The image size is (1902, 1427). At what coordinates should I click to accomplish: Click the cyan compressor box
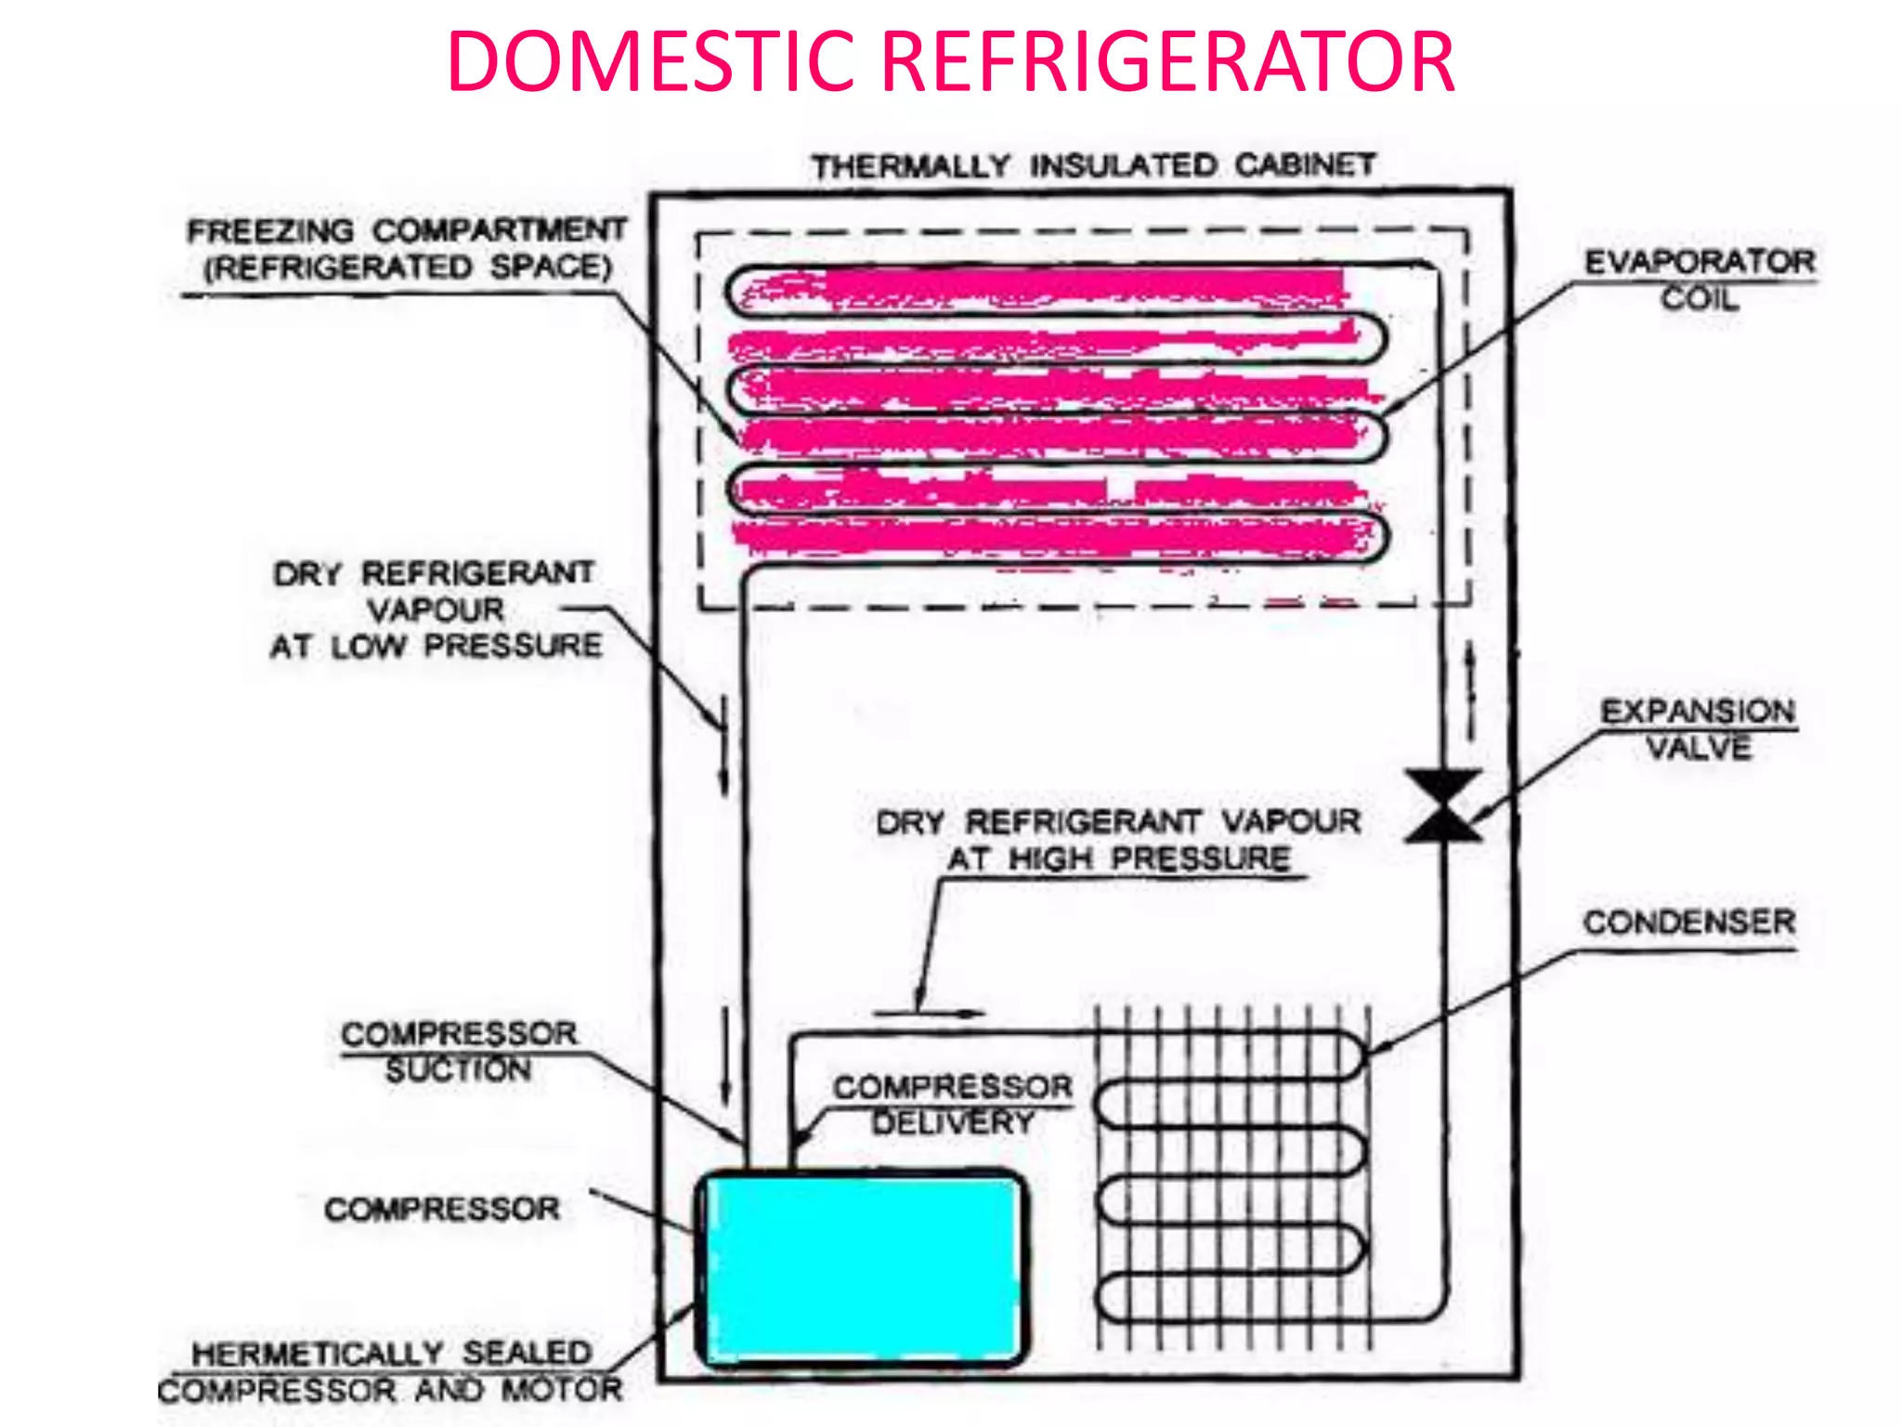pyautogui.click(x=862, y=1268)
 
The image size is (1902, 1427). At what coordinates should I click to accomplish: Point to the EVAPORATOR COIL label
pyautogui.click(x=1700, y=279)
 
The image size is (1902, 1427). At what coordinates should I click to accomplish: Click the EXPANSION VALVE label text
pyautogui.click(x=1698, y=729)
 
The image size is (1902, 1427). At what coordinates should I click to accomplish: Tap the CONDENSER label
pyautogui.click(x=1689, y=923)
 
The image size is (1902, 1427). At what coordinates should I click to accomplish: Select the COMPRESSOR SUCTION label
pyautogui.click(x=459, y=1052)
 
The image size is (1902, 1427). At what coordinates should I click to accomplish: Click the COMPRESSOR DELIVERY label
pyautogui.click(x=952, y=1105)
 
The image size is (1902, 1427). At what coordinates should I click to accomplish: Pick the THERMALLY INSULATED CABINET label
pyautogui.click(x=1093, y=166)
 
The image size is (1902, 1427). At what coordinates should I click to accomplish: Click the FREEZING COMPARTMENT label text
pyautogui.click(x=407, y=248)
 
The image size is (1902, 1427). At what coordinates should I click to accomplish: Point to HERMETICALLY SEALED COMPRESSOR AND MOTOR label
pyautogui.click(x=390, y=1371)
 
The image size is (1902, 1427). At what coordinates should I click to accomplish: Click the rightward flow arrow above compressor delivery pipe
pyautogui.click(x=929, y=1013)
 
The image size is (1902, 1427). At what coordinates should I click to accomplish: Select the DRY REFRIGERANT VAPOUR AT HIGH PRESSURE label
pyautogui.click(x=1118, y=840)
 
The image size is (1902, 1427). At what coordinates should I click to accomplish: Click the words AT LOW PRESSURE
pyautogui.click(x=436, y=646)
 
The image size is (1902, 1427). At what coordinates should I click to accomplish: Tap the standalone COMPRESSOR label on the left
pyautogui.click(x=442, y=1209)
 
